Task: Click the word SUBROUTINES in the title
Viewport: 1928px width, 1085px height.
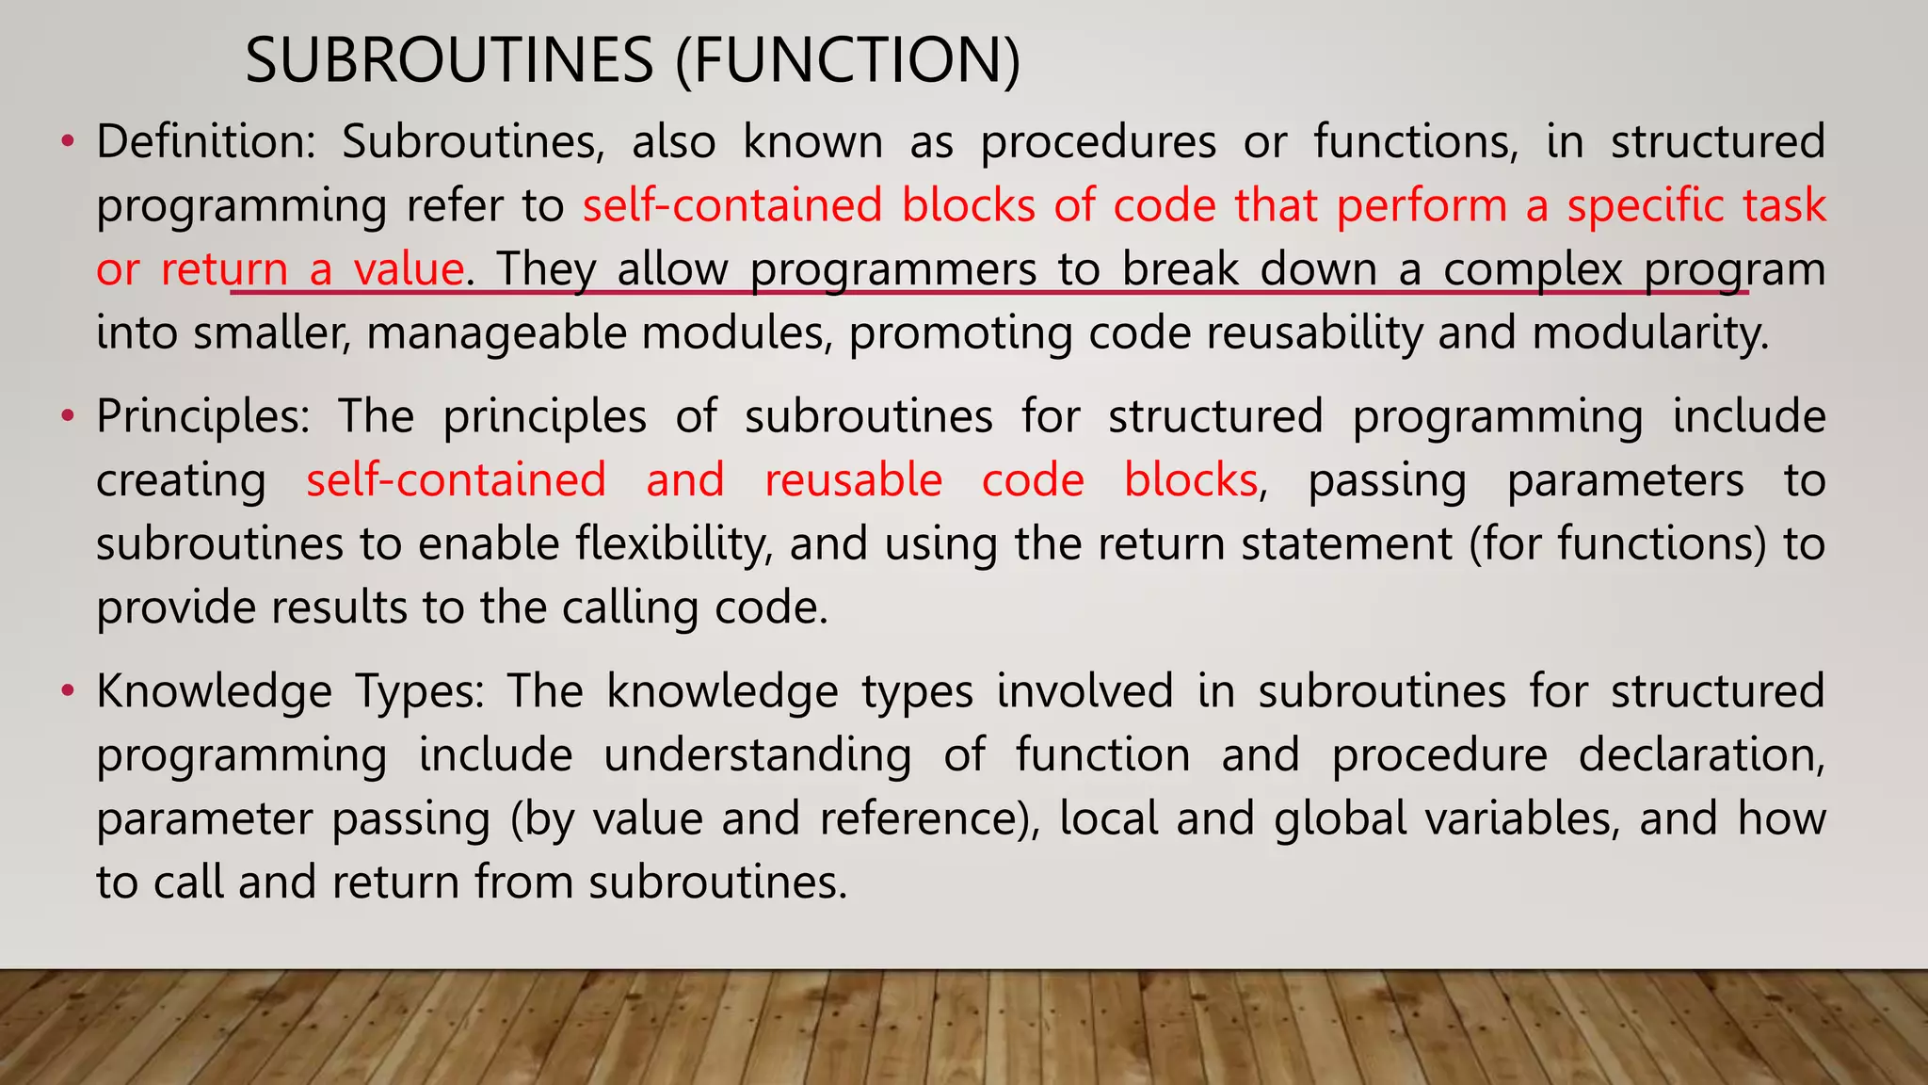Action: pyautogui.click(x=449, y=60)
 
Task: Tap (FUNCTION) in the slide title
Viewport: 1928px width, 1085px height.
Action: pyautogui.click(x=848, y=60)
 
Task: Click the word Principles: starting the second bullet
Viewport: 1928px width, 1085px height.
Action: pyautogui.click(x=202, y=416)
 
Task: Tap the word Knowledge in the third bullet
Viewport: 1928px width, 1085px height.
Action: pyautogui.click(x=214, y=691)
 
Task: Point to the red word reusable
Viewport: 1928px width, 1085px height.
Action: pyautogui.click(x=853, y=480)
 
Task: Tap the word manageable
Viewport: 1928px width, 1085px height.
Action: pyautogui.click(x=496, y=334)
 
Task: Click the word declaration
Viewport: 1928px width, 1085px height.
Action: pyautogui.click(x=1701, y=755)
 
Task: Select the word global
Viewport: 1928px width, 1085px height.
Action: pyautogui.click(x=1339, y=818)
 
